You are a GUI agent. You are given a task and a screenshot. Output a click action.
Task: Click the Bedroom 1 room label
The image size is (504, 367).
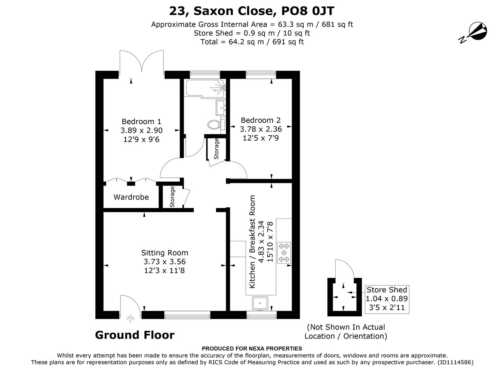pyautogui.click(x=141, y=122)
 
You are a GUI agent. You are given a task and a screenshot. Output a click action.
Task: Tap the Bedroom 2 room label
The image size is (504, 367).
pyautogui.click(x=260, y=120)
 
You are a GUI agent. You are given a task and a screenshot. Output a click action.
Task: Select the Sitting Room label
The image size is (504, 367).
pyautogui.click(x=164, y=253)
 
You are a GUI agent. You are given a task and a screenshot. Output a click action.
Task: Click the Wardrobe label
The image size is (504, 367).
pyautogui.click(x=131, y=197)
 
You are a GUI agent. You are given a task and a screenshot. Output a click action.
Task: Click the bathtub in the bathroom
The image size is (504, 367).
pyautogui.click(x=205, y=88)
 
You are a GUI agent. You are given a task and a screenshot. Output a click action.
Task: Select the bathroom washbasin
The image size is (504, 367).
pyautogui.click(x=221, y=108)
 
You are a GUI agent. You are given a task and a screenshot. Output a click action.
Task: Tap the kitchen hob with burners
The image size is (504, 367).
pyautogui.click(x=284, y=253)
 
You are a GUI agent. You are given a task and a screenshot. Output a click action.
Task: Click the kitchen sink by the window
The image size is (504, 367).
pyautogui.click(x=260, y=302)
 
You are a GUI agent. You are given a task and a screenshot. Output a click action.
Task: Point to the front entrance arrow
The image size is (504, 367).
pyautogui.click(x=130, y=319)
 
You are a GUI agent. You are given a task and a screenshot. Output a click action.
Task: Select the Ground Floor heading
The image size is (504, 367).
pyautogui.click(x=134, y=335)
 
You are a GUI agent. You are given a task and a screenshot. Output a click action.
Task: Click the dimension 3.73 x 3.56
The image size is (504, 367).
pyautogui.click(x=164, y=262)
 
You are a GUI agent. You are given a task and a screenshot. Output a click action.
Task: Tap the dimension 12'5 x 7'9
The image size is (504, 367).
pyautogui.click(x=260, y=138)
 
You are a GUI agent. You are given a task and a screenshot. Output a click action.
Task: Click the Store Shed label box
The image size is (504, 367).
pyautogui.click(x=386, y=299)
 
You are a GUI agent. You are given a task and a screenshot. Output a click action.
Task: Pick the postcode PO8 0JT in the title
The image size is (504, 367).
pyautogui.click(x=308, y=11)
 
